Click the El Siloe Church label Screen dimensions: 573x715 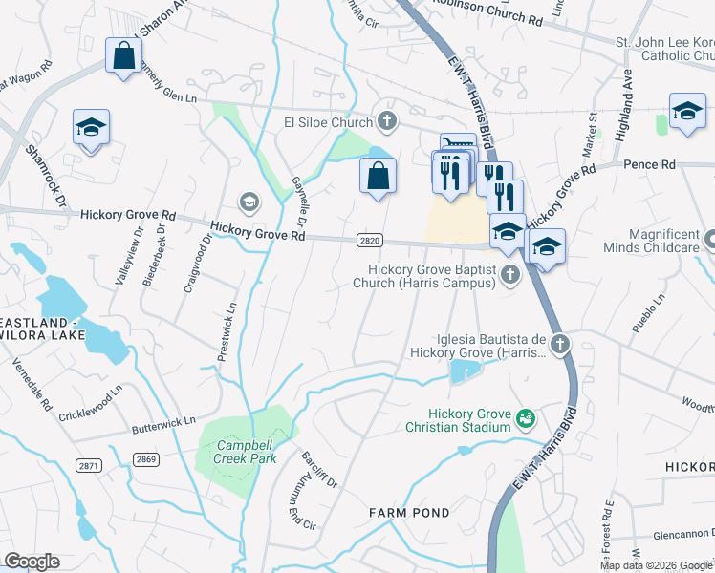pos(328,121)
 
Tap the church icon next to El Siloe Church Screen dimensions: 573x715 pos(386,120)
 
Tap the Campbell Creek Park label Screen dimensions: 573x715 pos(246,452)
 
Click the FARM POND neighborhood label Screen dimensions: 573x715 pos(409,513)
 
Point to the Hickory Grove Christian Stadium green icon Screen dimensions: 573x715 pos(525,417)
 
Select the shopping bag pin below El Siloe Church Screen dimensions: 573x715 pos(378,176)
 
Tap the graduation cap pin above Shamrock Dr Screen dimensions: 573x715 pos(91,128)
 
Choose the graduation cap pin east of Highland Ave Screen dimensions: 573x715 pos(687,111)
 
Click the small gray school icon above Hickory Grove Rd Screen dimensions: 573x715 pos(249,202)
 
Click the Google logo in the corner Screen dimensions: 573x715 pos(32,562)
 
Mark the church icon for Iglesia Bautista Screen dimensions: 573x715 pos(560,343)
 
